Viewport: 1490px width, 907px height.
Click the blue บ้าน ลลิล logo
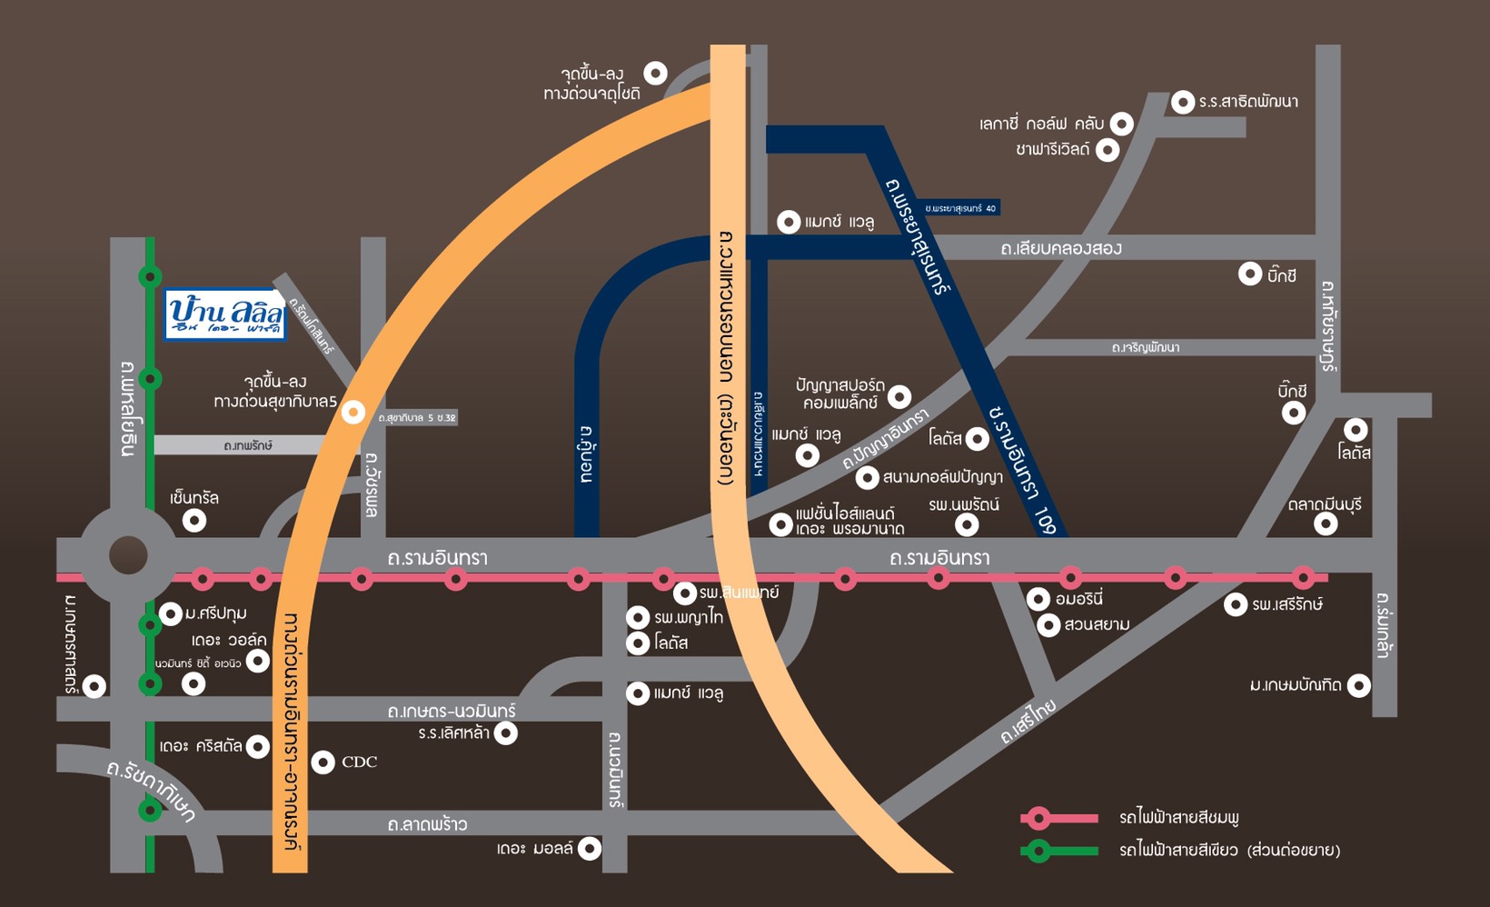(225, 315)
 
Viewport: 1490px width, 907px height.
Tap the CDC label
(359, 762)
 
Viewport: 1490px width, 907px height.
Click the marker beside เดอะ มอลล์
(590, 849)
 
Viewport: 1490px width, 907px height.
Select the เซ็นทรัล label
(194, 498)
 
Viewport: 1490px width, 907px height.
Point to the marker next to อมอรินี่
(1038, 599)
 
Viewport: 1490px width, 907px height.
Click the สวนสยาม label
(1097, 625)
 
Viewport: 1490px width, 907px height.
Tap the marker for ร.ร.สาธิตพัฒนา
(1182, 102)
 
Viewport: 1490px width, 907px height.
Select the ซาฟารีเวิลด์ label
(1052, 149)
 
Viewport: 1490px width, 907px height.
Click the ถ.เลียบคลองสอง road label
(1061, 248)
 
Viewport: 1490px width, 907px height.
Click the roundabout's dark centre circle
(128, 555)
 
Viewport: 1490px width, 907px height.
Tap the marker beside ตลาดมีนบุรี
(1326, 523)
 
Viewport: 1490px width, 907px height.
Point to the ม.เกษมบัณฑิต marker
(1358, 685)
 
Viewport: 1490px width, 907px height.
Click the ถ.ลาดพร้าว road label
(427, 824)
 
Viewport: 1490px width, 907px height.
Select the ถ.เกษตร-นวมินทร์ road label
(451, 711)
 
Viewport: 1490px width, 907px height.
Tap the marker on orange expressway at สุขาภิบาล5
(353, 413)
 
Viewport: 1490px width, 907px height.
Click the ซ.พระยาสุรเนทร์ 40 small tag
(960, 208)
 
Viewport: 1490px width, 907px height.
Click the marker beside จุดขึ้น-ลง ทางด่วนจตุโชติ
(655, 73)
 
